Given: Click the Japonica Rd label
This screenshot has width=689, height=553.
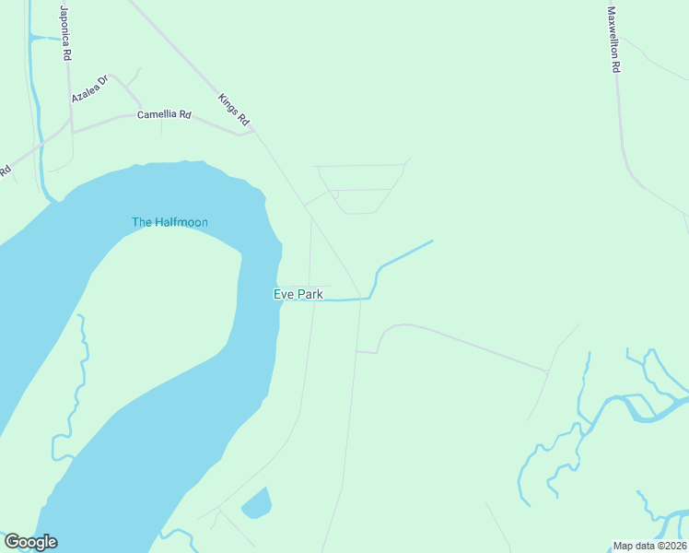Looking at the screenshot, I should coord(65,34).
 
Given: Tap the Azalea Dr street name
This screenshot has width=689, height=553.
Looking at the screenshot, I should coord(90,89).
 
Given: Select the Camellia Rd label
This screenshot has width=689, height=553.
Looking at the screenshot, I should coord(164,115).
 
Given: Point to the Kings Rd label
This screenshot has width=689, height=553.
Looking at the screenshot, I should coord(234,110).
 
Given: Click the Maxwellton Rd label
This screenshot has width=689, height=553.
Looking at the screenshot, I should coord(613,41).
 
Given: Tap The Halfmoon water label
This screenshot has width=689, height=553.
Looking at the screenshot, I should coord(169,222).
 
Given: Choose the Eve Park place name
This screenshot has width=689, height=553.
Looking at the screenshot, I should coord(298,294).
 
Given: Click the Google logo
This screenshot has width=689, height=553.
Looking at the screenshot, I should coord(30,542).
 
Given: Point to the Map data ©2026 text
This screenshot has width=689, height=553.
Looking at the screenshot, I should coord(649,546).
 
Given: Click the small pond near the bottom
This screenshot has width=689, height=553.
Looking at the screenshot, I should coord(257,503).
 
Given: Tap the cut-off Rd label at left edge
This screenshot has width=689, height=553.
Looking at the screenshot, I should coord(6,171).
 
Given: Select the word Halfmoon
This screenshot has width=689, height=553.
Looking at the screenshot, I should coord(181,222).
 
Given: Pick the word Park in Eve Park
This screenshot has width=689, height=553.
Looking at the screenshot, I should coord(309,294).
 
